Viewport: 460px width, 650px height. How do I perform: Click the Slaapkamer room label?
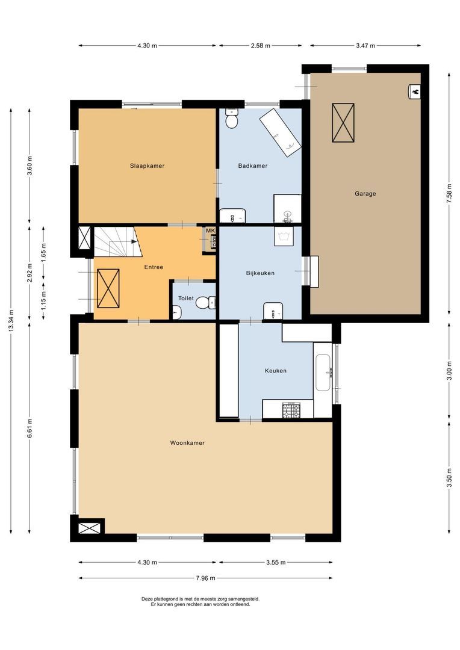[x=147, y=166]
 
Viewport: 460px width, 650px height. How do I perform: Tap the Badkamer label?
[x=252, y=166]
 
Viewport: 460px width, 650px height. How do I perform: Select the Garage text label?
[x=365, y=194]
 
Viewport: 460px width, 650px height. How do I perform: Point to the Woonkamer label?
[x=187, y=443]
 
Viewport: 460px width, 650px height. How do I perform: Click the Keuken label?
[x=275, y=371]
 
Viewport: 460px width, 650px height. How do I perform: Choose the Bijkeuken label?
[x=260, y=273]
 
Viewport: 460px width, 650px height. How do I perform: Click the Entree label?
[x=154, y=267]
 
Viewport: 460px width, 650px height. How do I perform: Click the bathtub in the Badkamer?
[x=280, y=132]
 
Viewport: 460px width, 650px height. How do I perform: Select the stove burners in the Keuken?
[x=291, y=410]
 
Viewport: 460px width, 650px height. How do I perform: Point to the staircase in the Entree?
[x=116, y=241]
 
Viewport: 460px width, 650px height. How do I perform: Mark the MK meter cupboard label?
[x=210, y=231]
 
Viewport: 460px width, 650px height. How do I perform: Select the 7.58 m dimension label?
[x=449, y=194]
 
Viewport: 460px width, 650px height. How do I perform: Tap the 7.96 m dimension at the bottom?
[x=205, y=578]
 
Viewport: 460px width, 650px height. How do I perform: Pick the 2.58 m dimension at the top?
[x=260, y=46]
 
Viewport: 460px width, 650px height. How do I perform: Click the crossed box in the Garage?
[x=343, y=123]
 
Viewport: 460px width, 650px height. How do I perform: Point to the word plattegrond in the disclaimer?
[x=170, y=599]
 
